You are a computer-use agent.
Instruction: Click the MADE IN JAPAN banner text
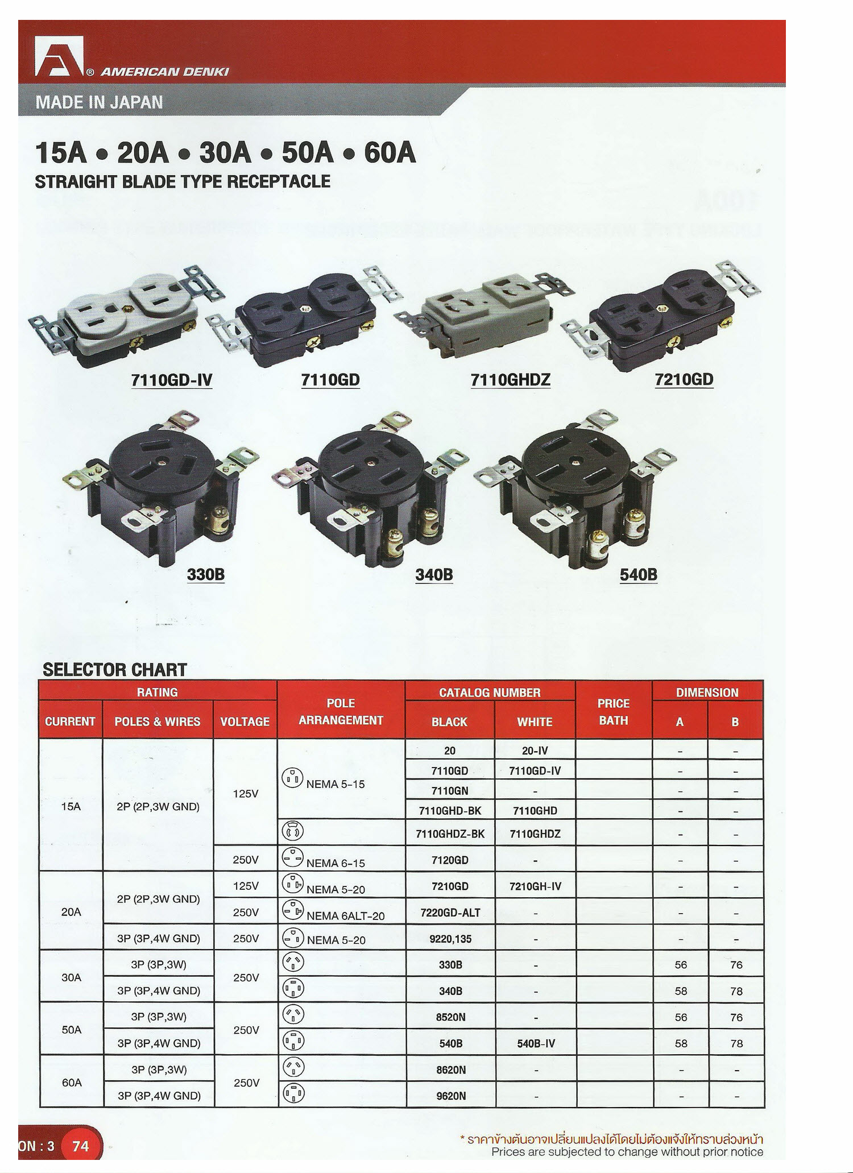point(99,102)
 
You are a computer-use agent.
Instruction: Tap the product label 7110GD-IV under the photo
point(171,380)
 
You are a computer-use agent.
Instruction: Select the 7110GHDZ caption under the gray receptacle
point(510,380)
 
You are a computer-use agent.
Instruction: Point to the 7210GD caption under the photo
point(684,380)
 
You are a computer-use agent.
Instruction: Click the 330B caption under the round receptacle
point(206,575)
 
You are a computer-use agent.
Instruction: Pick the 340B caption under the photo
point(434,575)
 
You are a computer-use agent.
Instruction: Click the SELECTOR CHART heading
point(115,670)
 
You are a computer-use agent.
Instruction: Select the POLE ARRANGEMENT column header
point(341,712)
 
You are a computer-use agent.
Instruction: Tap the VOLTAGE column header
point(245,722)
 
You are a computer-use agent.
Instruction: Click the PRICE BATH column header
point(614,712)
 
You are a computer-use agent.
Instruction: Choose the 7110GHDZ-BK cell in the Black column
point(450,834)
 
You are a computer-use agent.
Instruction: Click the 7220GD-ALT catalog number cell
point(450,913)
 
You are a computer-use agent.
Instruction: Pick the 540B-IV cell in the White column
point(535,1043)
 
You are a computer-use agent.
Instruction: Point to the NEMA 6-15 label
point(336,863)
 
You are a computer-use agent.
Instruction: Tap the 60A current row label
point(71,1083)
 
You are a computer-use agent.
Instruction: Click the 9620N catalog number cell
point(450,1096)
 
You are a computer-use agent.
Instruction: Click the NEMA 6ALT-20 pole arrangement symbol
point(293,911)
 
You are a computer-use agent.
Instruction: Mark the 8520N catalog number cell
point(450,1017)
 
